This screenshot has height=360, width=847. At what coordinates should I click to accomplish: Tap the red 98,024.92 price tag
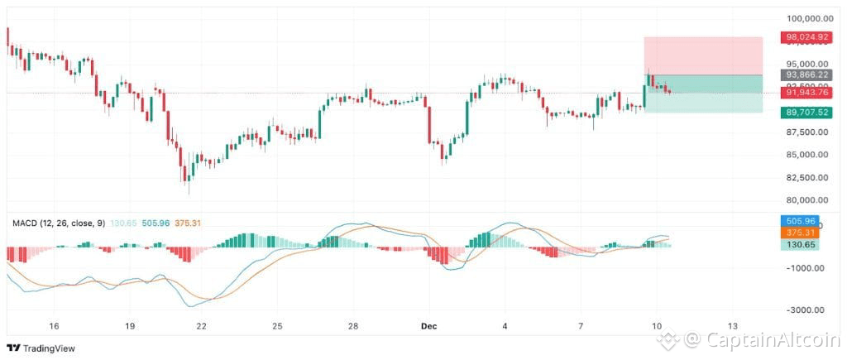click(806, 37)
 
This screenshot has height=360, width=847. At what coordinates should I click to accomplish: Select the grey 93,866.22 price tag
click(806, 74)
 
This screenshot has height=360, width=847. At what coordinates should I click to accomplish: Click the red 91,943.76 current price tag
click(806, 93)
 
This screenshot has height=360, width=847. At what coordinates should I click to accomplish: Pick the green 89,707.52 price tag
click(806, 113)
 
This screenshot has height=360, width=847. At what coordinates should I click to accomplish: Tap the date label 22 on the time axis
click(201, 326)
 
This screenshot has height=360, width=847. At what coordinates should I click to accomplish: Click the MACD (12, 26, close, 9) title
click(59, 223)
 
